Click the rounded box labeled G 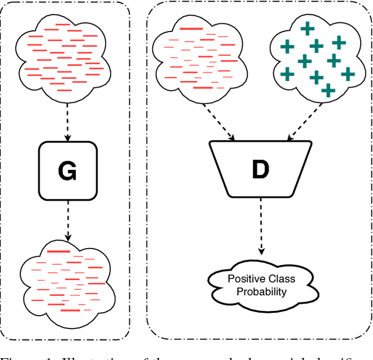click(x=68, y=169)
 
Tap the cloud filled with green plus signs click(x=315, y=58)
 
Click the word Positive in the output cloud click(x=246, y=279)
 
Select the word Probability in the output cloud click(x=261, y=291)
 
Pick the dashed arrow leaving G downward click(x=68, y=219)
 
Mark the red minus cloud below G click(x=65, y=279)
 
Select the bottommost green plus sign click(x=328, y=90)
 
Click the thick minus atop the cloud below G click(x=58, y=251)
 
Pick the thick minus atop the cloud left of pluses click(x=192, y=28)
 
